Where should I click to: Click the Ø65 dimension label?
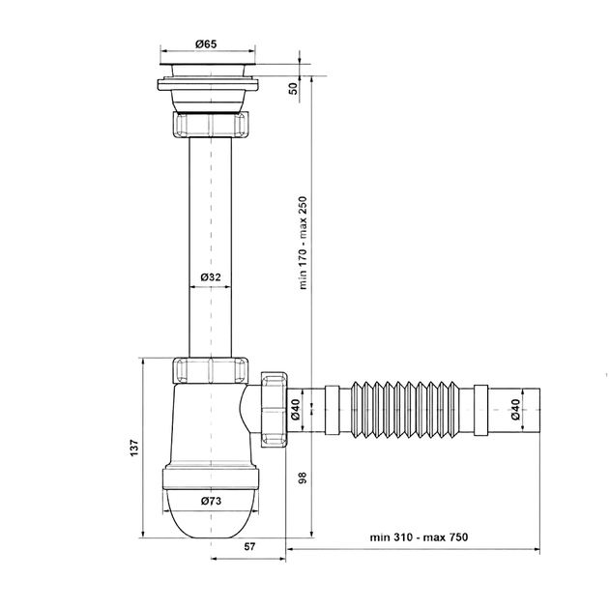click(206, 44)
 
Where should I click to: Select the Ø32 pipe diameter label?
click(211, 276)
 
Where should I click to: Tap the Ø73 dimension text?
click(212, 501)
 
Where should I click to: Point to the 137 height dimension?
click(134, 448)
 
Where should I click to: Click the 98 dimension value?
click(303, 478)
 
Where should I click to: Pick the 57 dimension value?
click(249, 546)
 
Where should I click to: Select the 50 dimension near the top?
click(293, 89)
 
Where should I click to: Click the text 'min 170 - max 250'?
click(303, 243)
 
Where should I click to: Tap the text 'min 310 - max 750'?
click(419, 537)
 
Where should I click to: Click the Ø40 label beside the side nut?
click(295, 409)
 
